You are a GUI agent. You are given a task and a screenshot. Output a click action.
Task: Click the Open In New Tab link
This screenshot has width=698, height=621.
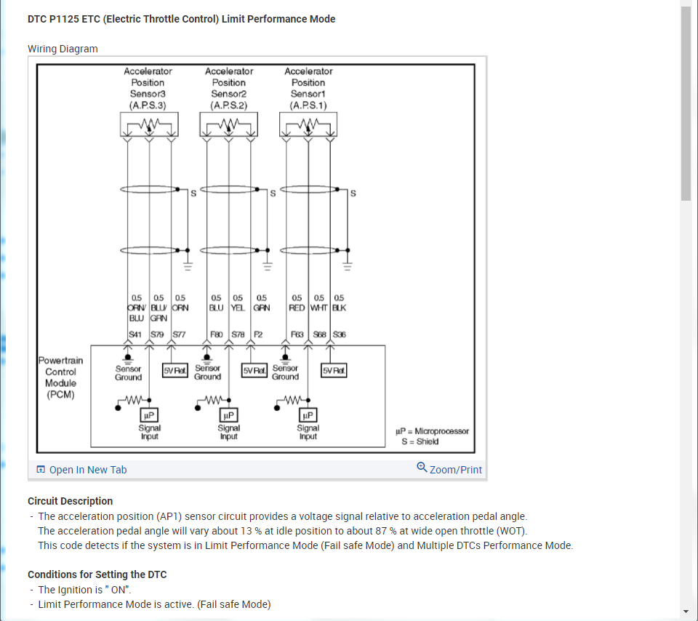[87, 470]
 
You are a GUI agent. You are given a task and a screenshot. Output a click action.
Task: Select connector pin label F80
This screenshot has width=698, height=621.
[217, 334]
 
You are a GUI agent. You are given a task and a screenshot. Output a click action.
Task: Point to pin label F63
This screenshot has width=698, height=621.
[297, 334]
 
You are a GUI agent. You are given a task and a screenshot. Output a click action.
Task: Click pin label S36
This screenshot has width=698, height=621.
[339, 334]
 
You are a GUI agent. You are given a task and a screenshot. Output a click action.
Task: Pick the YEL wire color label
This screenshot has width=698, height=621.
[238, 308]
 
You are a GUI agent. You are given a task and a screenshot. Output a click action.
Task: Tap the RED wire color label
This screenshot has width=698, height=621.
[297, 308]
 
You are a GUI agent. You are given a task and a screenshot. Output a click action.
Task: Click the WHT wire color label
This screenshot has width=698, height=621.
[318, 308]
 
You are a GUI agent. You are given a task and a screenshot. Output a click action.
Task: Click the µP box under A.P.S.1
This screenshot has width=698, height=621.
[308, 415]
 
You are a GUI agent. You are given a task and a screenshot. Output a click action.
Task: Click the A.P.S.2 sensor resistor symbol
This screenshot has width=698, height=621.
[229, 127]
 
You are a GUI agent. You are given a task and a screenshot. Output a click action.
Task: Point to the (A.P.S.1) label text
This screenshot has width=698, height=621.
[308, 105]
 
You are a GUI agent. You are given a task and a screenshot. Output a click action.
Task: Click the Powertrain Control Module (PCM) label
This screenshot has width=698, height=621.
[60, 377]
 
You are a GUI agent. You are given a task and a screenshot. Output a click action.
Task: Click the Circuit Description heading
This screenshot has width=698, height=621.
[71, 501]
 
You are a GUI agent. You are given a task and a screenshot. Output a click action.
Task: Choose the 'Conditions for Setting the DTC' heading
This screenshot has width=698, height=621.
[97, 574]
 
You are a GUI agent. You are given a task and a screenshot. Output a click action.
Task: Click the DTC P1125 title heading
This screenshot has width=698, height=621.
[182, 19]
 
